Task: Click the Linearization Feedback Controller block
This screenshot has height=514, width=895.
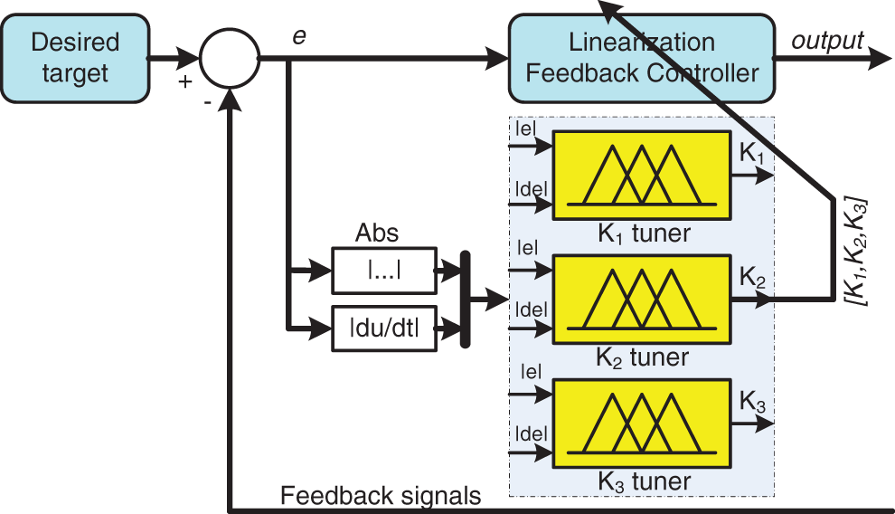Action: (x=642, y=58)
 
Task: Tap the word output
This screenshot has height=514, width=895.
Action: (x=827, y=40)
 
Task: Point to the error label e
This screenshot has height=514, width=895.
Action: (x=299, y=36)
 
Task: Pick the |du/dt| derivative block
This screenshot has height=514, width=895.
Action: (x=384, y=327)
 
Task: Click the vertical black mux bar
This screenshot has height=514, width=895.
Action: (x=465, y=299)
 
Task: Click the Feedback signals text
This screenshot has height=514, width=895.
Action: (x=381, y=496)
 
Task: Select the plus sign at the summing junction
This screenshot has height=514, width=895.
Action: (x=186, y=81)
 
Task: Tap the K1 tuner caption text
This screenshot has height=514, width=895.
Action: (x=643, y=233)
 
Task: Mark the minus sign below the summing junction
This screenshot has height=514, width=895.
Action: (x=207, y=102)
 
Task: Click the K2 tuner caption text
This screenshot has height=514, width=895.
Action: (x=643, y=357)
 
